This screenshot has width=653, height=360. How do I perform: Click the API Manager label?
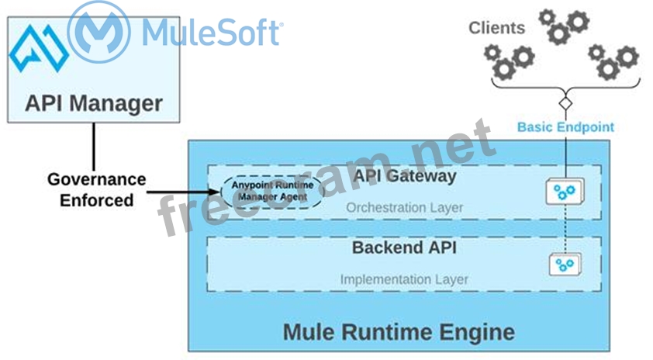point(94,103)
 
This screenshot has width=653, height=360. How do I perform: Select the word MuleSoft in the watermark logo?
point(211,33)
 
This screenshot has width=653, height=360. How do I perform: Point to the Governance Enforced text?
point(96,189)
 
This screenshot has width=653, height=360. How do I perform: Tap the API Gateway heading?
point(405,176)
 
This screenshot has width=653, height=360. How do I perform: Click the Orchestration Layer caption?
point(404,207)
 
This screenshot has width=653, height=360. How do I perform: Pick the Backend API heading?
point(404,248)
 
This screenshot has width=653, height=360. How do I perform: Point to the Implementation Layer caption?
point(404,279)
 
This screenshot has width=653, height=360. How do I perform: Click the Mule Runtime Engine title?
point(399,332)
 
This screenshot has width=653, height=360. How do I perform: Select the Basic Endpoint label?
point(566,126)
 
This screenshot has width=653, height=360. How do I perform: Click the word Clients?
point(496,28)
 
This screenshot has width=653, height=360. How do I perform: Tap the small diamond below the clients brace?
point(566,102)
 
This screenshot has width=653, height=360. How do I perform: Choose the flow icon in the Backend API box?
point(565,265)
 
